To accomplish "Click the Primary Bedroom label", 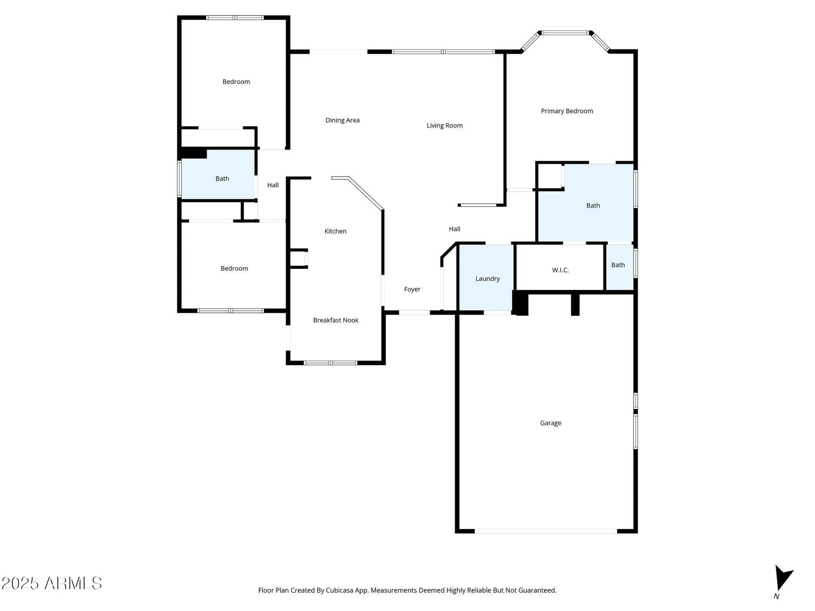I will click(x=566, y=111).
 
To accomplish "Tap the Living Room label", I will click(x=445, y=125).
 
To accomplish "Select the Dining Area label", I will click(x=342, y=120).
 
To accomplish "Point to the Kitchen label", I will click(x=335, y=231).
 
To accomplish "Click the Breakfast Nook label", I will click(x=335, y=320).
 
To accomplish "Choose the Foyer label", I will click(x=412, y=289).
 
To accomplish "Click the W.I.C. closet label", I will click(x=560, y=270).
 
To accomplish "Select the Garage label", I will click(x=551, y=423).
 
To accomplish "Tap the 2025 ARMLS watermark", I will click(x=52, y=583).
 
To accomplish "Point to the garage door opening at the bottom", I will click(x=546, y=531).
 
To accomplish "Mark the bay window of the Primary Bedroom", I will click(x=565, y=33).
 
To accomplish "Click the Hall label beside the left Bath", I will click(x=273, y=185).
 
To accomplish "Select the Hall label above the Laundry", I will click(x=454, y=229).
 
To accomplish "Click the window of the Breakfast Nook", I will click(x=330, y=363).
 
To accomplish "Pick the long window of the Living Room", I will click(x=443, y=52).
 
